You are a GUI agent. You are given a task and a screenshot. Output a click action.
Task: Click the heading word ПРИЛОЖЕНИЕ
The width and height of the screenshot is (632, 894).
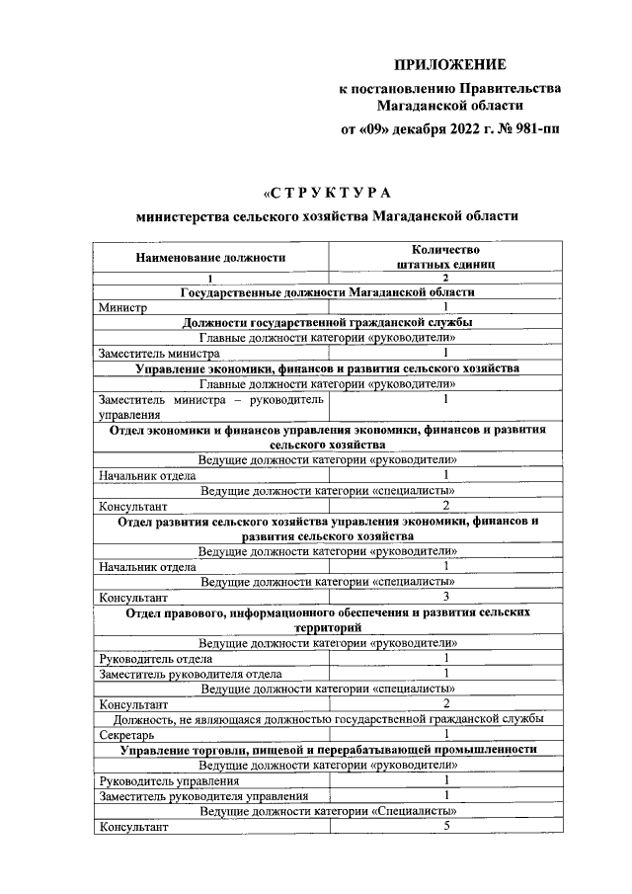tap(450, 65)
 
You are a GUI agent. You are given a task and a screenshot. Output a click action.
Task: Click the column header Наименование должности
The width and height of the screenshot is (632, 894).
tap(211, 258)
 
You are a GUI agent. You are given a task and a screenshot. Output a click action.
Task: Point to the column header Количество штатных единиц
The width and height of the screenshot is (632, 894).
tap(444, 257)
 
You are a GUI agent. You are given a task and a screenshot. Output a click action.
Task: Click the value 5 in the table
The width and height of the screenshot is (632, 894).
tap(446, 828)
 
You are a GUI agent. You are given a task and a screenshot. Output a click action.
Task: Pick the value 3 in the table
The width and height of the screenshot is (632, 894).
tap(446, 597)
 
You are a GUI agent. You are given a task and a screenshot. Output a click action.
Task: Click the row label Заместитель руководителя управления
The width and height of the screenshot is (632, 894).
tap(199, 796)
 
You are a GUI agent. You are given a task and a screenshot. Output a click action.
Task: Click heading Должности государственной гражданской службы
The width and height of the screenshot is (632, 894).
tap(328, 323)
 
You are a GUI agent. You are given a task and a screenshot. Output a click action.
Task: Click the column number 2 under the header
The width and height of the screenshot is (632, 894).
tap(445, 280)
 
